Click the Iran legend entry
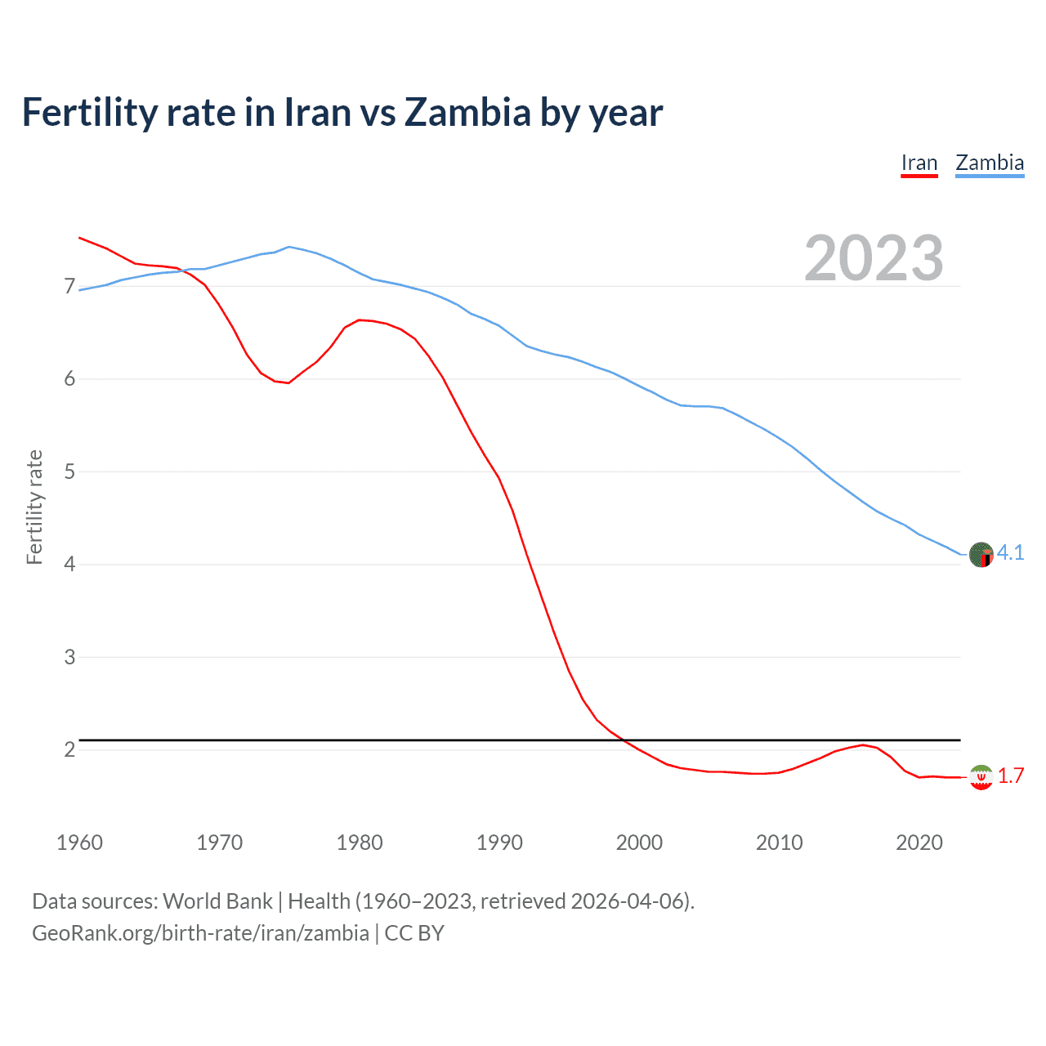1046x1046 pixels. coord(919,163)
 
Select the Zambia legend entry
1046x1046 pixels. coord(989,163)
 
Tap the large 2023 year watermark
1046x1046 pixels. coord(874,258)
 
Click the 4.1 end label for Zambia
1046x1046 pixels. coord(1010,553)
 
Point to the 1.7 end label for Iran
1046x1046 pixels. coord(1011,776)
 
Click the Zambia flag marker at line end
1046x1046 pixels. coord(981,555)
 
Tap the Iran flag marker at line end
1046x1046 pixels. coord(981,777)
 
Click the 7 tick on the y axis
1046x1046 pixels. coord(69,287)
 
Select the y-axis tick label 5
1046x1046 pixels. coord(69,472)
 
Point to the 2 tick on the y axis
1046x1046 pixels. coord(69,750)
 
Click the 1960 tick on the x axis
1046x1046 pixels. coord(79,843)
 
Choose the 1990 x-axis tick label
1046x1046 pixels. coord(499,843)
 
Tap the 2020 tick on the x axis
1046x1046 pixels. coord(919,843)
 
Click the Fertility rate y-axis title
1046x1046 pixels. coord(34,507)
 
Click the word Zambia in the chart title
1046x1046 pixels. coord(467,112)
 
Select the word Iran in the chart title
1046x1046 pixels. coord(314,112)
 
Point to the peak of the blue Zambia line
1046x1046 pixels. coord(288,246)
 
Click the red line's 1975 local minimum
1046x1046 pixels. coord(288,382)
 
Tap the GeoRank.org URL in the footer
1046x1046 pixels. coord(200,933)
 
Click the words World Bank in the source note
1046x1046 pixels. coord(217,901)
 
